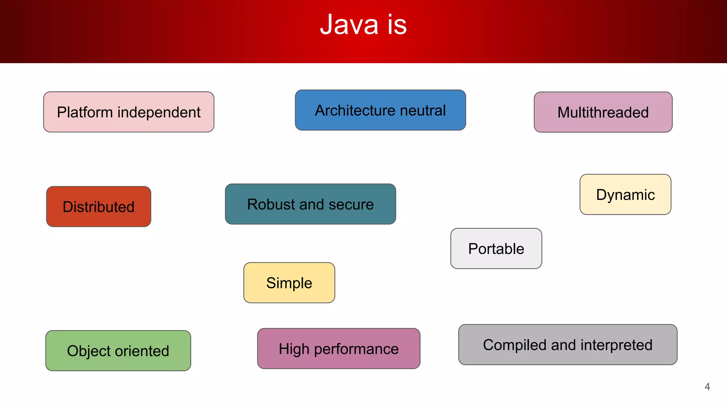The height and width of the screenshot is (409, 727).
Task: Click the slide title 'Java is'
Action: click(363, 25)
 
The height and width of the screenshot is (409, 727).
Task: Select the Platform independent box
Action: click(129, 112)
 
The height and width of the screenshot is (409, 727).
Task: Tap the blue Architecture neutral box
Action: click(380, 110)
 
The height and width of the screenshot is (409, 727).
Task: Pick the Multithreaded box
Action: click(603, 112)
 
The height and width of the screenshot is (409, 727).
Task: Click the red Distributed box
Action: click(99, 207)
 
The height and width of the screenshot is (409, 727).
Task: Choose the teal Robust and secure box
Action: click(310, 204)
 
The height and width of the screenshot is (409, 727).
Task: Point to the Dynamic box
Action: click(625, 195)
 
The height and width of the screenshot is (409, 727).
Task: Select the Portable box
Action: click(496, 249)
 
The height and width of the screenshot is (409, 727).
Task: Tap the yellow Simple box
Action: click(289, 283)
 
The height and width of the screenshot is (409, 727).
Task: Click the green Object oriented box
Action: click(118, 351)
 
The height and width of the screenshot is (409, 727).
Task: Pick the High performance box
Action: click(339, 349)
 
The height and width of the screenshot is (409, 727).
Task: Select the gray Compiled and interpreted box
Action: click(568, 345)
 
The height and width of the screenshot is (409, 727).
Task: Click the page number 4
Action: click(707, 387)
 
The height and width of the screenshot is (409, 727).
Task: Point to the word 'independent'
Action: click(159, 113)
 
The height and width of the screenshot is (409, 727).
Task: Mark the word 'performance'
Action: click(356, 349)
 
